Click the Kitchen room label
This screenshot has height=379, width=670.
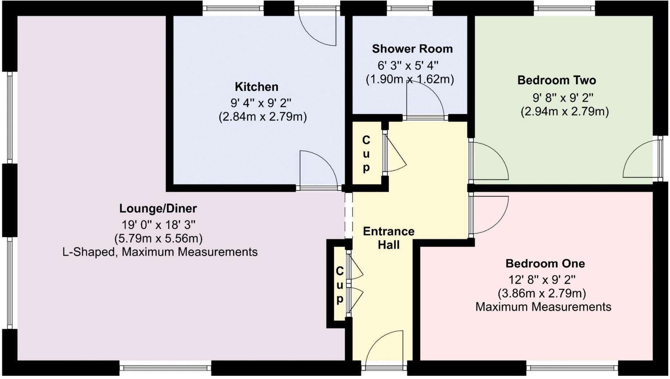tap(256, 87)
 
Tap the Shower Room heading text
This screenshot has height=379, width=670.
tap(412, 49)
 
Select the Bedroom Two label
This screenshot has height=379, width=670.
tap(556, 80)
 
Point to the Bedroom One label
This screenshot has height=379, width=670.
tap(545, 263)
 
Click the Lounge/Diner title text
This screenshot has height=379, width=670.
tap(158, 208)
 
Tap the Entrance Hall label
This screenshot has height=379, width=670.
tap(389, 238)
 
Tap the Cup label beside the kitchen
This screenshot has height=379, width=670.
tap(366, 153)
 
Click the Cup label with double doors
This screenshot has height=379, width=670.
tap(339, 285)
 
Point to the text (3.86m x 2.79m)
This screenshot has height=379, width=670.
tap(541, 293)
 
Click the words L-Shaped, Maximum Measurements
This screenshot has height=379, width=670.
tap(160, 252)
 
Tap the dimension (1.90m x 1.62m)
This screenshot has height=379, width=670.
tap(410, 79)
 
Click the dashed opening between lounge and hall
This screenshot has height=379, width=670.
tap(348, 215)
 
